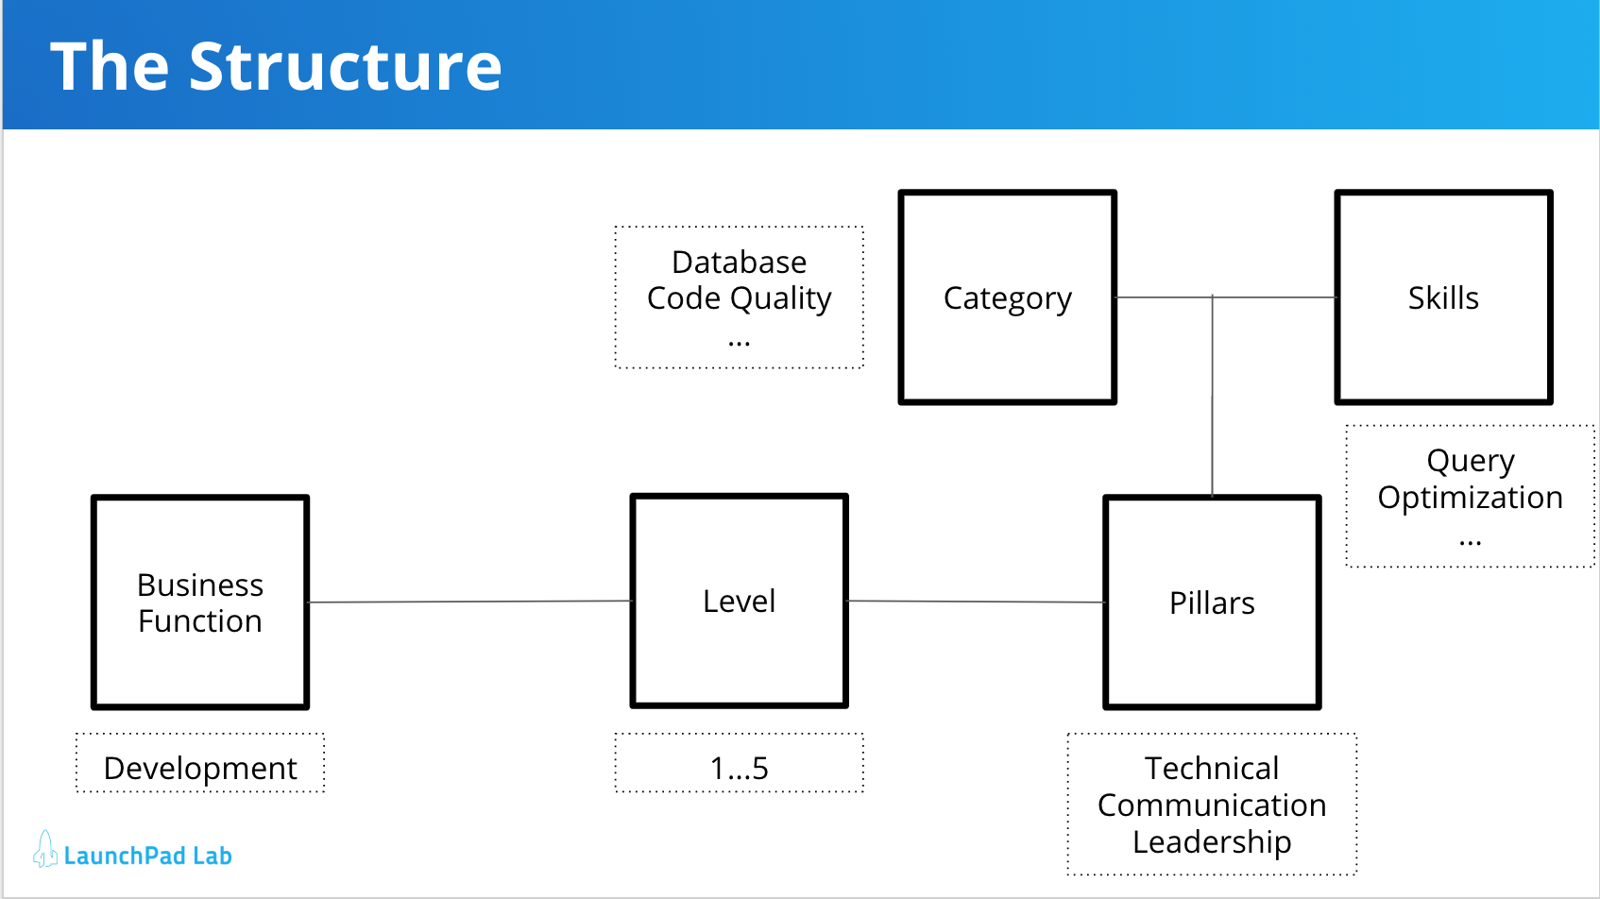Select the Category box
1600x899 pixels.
click(1007, 297)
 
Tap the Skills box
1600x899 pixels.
click(1442, 297)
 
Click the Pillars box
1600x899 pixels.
click(1212, 602)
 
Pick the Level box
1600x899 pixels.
click(739, 601)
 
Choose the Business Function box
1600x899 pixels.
click(200, 602)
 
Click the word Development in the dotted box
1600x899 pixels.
click(200, 768)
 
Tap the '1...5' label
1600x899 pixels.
click(739, 768)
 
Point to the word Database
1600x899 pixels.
click(739, 262)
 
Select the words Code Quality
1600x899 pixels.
click(739, 298)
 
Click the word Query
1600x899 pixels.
click(1470, 461)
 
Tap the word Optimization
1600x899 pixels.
click(1470, 498)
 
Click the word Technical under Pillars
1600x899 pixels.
click(1212, 768)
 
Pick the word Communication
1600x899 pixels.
click(1212, 805)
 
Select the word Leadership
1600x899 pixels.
click(1212, 841)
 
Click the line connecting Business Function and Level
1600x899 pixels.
click(469, 602)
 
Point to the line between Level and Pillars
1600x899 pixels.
click(976, 602)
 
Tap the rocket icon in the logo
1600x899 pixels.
click(44, 850)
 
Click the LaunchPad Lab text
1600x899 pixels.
click(148, 856)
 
